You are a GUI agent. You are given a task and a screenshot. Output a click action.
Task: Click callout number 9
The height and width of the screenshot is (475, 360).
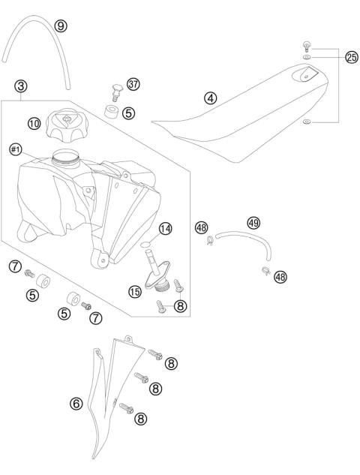coord(61,26)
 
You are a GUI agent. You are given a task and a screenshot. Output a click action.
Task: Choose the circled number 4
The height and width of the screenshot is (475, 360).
coord(211,98)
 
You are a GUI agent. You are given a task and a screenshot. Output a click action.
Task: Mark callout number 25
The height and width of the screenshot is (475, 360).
coord(351,57)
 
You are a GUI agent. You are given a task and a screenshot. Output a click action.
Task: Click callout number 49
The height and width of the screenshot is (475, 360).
coord(253,222)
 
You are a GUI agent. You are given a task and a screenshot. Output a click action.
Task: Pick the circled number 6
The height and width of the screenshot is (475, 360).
coord(76,403)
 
